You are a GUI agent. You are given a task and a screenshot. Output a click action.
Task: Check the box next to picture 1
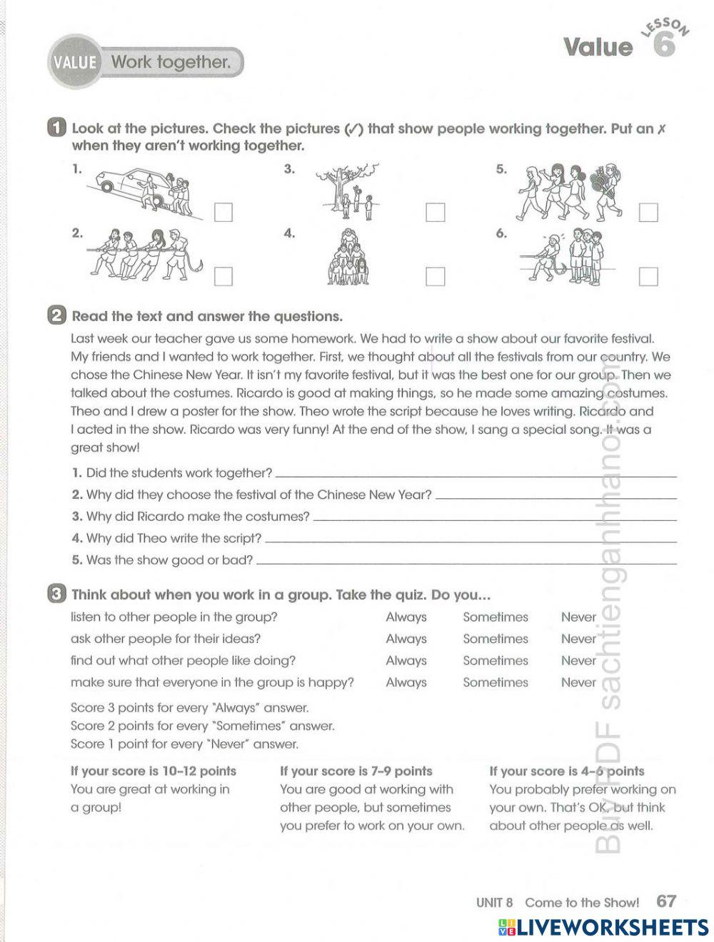[x=223, y=213]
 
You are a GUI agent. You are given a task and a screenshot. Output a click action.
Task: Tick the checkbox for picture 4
[x=435, y=276]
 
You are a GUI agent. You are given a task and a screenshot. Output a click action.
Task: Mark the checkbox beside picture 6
[x=648, y=276]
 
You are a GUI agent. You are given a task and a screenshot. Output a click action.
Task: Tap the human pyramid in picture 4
[x=347, y=259]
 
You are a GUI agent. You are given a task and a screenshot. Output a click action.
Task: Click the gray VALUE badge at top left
[x=74, y=63]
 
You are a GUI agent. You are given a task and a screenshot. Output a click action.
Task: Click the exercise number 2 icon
[x=56, y=316]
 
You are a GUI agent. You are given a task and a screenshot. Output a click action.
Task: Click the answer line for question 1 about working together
[x=475, y=474]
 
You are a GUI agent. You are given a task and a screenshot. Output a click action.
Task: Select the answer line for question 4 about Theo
[x=470, y=540]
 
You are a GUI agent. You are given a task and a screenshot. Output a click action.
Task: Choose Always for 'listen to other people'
[x=406, y=617]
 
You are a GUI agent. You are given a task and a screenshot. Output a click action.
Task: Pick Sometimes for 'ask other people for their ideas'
[x=495, y=639]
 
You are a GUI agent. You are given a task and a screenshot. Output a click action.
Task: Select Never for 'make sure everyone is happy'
[x=578, y=682]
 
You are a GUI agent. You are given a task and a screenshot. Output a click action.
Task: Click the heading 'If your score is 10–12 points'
[x=153, y=771]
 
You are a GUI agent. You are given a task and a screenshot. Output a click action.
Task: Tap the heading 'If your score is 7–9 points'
[x=356, y=771]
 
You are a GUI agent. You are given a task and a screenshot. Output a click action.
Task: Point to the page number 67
[x=666, y=901]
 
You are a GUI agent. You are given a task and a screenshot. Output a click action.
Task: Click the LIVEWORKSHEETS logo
[x=603, y=927]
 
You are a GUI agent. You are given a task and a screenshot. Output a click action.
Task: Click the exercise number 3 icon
[x=56, y=594]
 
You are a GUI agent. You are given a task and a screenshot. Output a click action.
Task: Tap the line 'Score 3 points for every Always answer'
[x=189, y=708]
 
